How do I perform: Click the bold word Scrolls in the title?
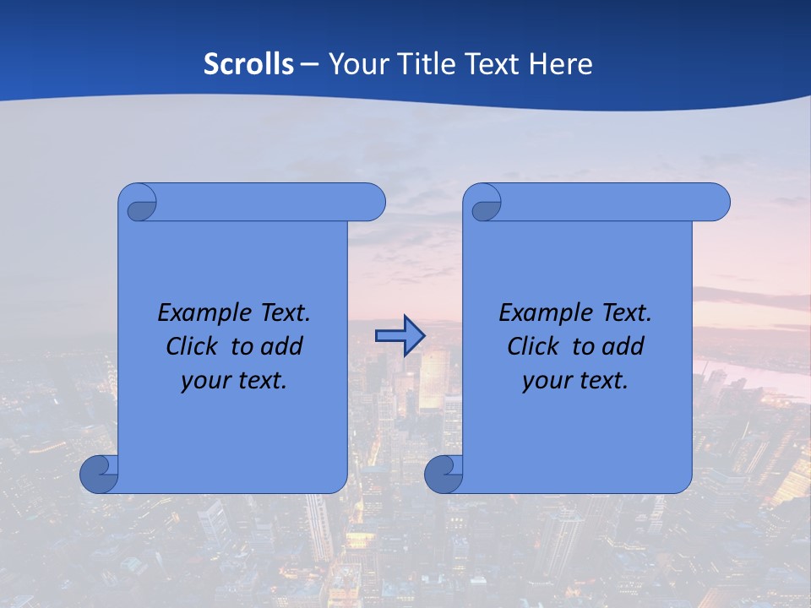click(x=249, y=64)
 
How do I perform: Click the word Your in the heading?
click(x=355, y=64)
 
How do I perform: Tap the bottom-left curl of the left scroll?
click(x=98, y=474)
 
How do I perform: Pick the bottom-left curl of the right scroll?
click(x=443, y=474)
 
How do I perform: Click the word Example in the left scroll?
click(x=200, y=313)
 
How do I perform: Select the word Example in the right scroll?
click(x=542, y=313)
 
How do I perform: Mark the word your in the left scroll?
click(x=206, y=381)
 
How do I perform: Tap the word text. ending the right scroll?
click(x=601, y=381)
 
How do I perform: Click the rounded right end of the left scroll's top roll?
click(x=372, y=202)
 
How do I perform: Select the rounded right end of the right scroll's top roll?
click(x=716, y=202)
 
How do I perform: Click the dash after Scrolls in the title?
click(x=309, y=64)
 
